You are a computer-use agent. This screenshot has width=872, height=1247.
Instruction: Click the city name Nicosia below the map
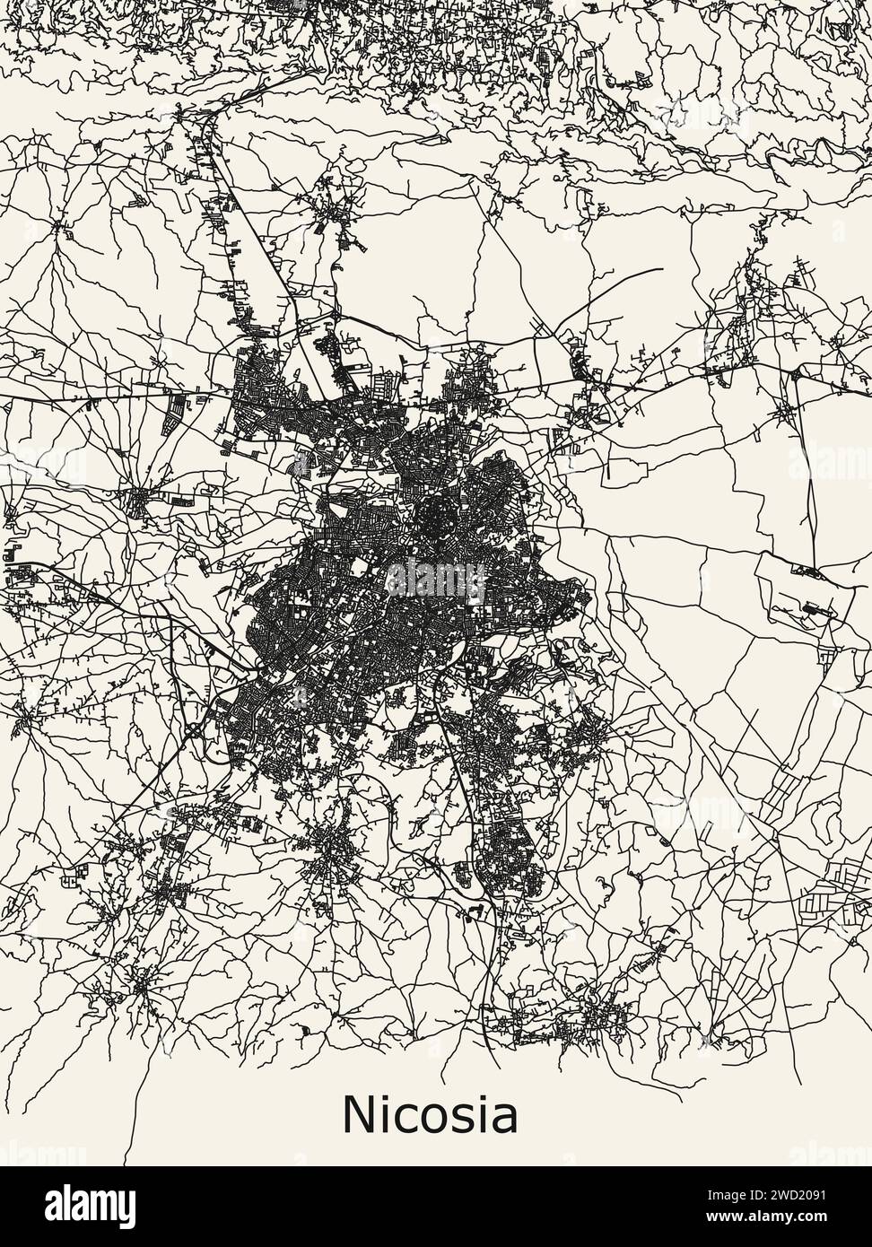click(x=430, y=1115)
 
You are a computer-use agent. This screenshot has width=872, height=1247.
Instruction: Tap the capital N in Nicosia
click(x=359, y=1115)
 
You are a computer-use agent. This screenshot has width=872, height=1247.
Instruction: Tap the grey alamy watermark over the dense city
click(x=435, y=579)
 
